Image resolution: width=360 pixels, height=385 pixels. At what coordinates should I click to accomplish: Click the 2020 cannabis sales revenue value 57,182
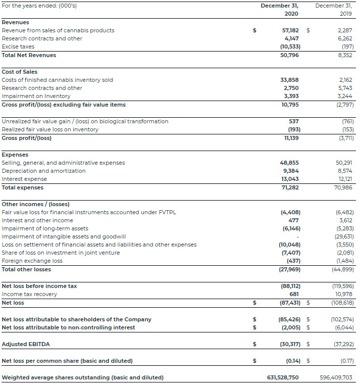pos(290,30)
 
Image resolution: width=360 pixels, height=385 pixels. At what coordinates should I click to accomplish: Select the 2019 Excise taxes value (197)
pos(346,46)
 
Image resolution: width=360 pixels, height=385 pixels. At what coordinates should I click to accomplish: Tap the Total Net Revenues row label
pos(29,55)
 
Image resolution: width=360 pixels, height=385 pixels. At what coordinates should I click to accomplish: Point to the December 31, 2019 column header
pos(334,10)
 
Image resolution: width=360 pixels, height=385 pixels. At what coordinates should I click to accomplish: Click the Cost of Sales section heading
pos(20,72)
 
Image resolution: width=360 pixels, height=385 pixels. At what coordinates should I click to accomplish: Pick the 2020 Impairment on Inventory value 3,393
pos(291,96)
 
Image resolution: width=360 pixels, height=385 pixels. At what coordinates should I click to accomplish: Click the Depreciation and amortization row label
pos(44,171)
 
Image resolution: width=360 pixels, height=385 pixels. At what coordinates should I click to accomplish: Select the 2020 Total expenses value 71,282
pos(290,187)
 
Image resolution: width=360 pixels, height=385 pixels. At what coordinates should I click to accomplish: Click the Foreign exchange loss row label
pos(32,261)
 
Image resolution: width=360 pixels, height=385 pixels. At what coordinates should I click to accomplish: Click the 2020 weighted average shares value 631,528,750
pos(283,377)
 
